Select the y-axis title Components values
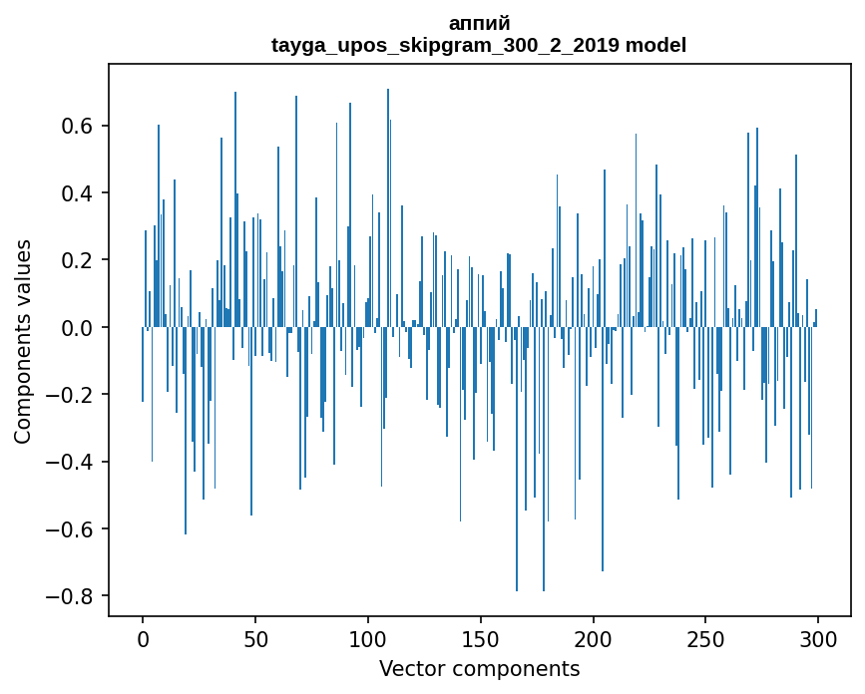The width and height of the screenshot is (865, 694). pyautogui.click(x=23, y=341)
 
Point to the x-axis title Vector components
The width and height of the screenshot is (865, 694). pyautogui.click(x=479, y=668)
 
